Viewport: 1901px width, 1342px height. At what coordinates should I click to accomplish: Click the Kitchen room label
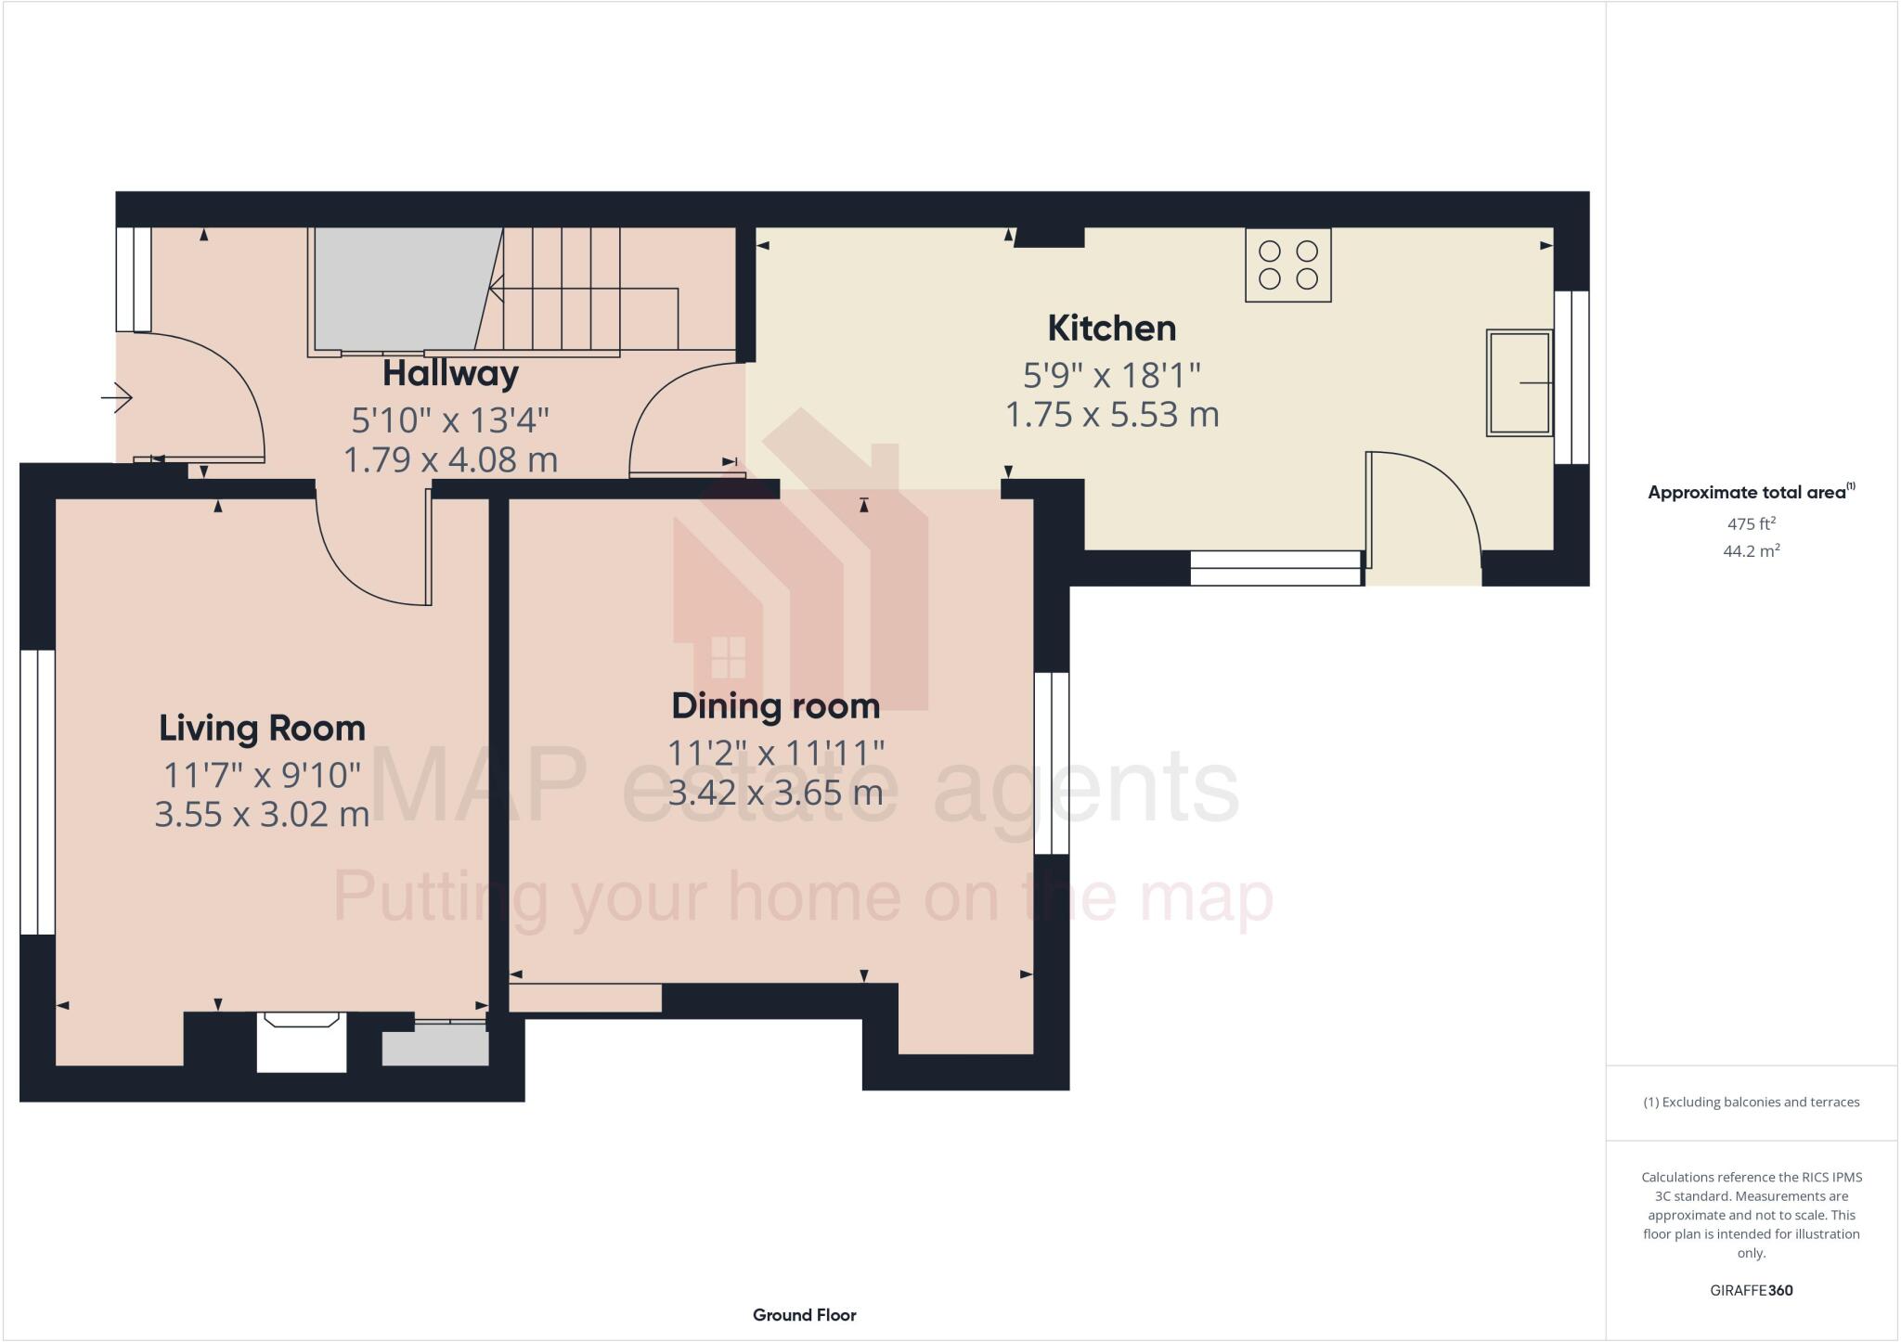[x=1111, y=329]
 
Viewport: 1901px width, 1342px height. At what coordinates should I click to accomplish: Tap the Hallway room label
[x=450, y=374]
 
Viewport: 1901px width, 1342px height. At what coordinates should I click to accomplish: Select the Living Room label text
[x=262, y=729]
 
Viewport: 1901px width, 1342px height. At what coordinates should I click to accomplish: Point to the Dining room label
[x=775, y=706]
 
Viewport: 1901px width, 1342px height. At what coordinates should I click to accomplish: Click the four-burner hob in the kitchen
[x=1287, y=265]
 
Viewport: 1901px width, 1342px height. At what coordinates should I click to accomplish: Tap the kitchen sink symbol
[x=1519, y=382]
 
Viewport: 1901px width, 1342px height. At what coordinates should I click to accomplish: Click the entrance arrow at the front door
[x=117, y=398]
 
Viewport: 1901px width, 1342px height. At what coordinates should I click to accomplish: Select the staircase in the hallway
[x=575, y=290]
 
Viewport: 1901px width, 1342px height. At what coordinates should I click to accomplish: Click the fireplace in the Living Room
[x=301, y=1040]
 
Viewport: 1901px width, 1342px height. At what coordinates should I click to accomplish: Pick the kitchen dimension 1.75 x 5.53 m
[x=1111, y=415]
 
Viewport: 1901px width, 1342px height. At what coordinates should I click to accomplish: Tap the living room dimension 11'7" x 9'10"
[x=262, y=774]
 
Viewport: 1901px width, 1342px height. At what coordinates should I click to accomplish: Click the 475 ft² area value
[x=1751, y=523]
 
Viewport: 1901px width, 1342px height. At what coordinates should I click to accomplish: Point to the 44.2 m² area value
[x=1751, y=551]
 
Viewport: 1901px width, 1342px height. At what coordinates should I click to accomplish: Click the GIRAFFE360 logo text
[x=1751, y=1290]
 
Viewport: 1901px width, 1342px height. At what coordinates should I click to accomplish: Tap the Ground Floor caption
[x=804, y=1315]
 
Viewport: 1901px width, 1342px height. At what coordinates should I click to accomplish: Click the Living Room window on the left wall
[x=37, y=792]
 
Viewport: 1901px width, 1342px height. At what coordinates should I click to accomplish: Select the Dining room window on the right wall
[x=1052, y=763]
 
